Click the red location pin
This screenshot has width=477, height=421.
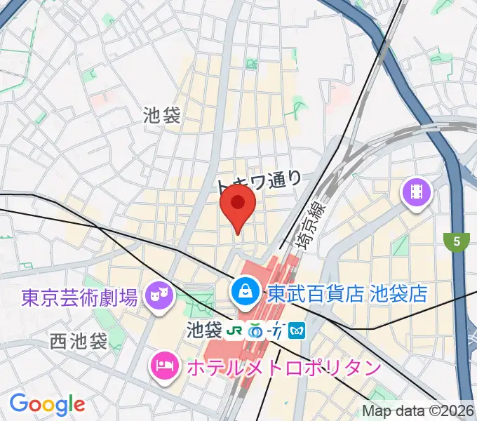(x=238, y=206)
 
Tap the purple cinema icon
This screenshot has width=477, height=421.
(x=417, y=191)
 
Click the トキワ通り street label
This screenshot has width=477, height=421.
(x=259, y=182)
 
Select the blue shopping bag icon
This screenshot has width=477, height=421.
(x=245, y=290)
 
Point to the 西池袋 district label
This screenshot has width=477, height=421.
(x=79, y=342)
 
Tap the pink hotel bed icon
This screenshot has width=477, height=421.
(x=164, y=366)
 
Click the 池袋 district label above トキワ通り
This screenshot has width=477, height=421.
(x=162, y=115)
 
